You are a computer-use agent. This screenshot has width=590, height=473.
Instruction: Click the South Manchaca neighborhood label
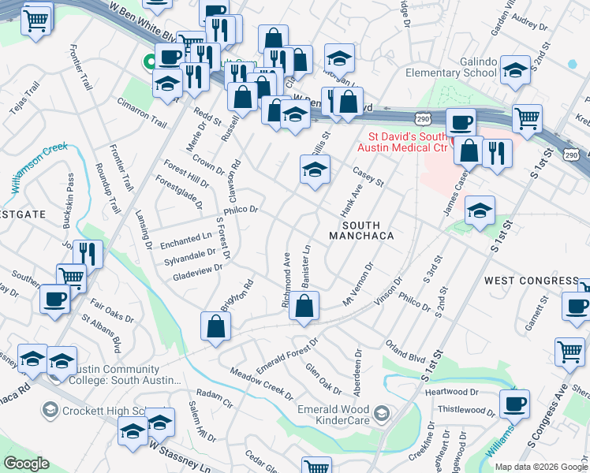(360, 229)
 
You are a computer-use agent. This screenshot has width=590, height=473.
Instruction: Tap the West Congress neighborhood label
(531, 281)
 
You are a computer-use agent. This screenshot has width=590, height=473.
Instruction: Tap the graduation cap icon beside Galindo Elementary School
(514, 71)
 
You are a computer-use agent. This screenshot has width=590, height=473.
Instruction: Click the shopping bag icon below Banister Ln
(304, 306)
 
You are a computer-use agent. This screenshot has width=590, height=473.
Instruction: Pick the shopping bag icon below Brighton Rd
(216, 327)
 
